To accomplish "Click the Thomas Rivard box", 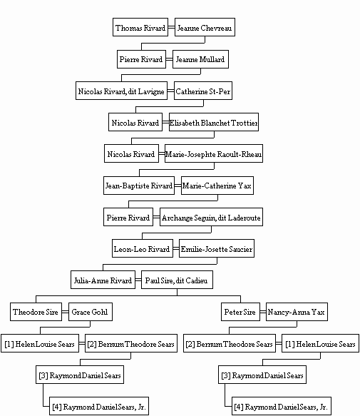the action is click(x=140, y=27).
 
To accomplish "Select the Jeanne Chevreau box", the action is click(x=205, y=27).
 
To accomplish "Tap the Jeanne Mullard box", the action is click(x=200, y=59).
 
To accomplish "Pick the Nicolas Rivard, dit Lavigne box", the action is click(x=121, y=91).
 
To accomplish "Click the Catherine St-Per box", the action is click(x=203, y=91).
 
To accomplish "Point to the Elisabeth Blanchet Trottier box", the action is click(x=214, y=122).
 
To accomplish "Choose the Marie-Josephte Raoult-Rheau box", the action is click(x=214, y=153).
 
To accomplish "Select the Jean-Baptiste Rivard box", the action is click(x=139, y=186).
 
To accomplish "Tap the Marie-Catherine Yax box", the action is click(x=217, y=186).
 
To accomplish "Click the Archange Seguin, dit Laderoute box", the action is click(x=211, y=217).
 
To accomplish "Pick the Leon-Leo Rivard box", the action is click(x=143, y=248).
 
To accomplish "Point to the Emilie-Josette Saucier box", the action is click(x=217, y=248).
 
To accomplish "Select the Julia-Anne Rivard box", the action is click(x=103, y=280).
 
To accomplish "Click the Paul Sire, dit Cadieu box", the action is click(x=177, y=280).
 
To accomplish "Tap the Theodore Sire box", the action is click(x=36, y=312).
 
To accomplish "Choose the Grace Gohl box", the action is click(x=91, y=312).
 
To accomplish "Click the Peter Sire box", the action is click(x=240, y=312).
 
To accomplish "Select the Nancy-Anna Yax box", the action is click(x=297, y=312).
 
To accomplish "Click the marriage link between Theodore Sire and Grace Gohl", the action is click(x=65, y=312).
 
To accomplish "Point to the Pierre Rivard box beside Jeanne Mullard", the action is click(x=142, y=59).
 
